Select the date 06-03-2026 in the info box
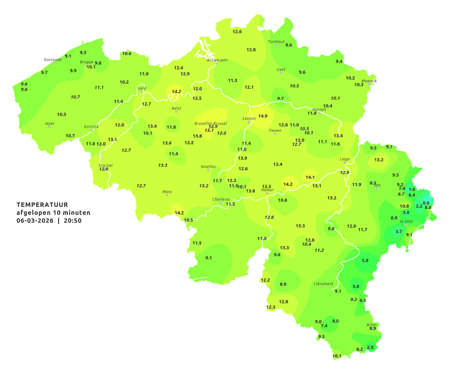click(35, 221)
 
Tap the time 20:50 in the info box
click(73, 221)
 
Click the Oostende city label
click(52, 60)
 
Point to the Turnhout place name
click(276, 42)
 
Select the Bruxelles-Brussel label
click(211, 123)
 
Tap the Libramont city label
click(324, 284)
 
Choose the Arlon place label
click(371, 324)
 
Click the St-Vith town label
click(406, 222)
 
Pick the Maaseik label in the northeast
click(369, 81)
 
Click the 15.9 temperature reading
click(213, 126)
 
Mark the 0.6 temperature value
click(426, 203)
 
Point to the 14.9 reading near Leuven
click(263, 116)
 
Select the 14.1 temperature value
click(310, 177)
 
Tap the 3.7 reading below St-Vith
click(399, 231)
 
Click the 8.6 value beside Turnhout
click(289, 45)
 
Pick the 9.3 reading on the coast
click(83, 52)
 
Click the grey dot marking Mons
click(167, 195)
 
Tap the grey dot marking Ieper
click(49, 127)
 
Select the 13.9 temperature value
click(242, 158)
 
